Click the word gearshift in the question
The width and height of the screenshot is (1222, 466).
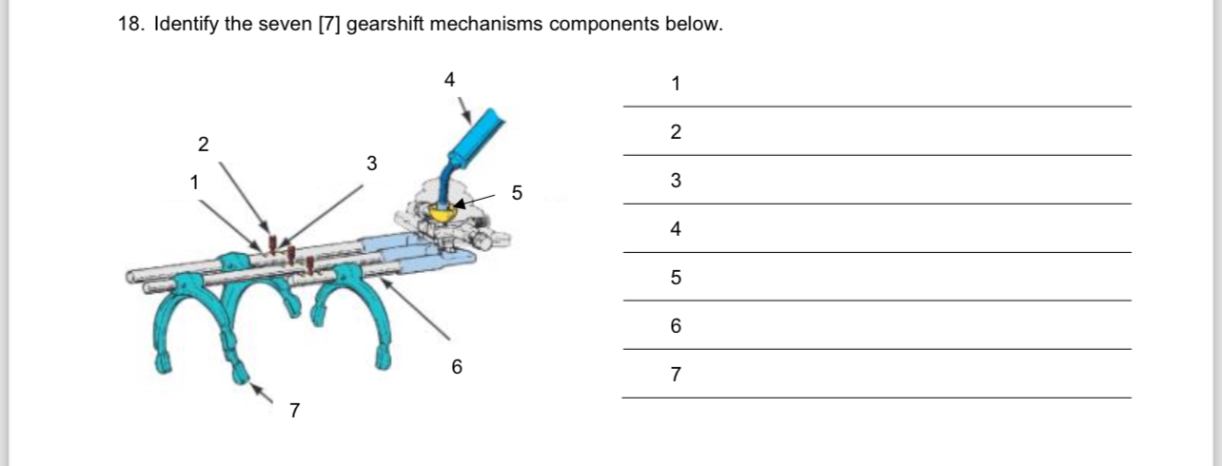click(x=385, y=24)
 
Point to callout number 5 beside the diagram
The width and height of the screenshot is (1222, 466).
click(x=517, y=192)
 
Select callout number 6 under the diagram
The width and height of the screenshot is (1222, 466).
click(x=457, y=366)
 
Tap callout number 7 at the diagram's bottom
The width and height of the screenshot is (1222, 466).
click(x=295, y=411)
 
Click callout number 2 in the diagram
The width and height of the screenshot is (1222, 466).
click(x=202, y=145)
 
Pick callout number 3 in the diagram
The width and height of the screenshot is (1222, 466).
click(x=372, y=164)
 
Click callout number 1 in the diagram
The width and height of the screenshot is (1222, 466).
click(x=194, y=181)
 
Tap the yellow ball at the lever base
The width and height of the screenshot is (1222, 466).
click(x=443, y=211)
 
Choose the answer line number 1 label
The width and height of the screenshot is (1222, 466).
click(x=676, y=84)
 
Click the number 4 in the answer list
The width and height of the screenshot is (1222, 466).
click(x=676, y=229)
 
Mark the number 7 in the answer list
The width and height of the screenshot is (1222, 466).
click(x=676, y=375)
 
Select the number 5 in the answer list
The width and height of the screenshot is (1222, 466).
click(x=676, y=278)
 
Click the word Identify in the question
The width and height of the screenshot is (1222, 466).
click(x=187, y=24)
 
